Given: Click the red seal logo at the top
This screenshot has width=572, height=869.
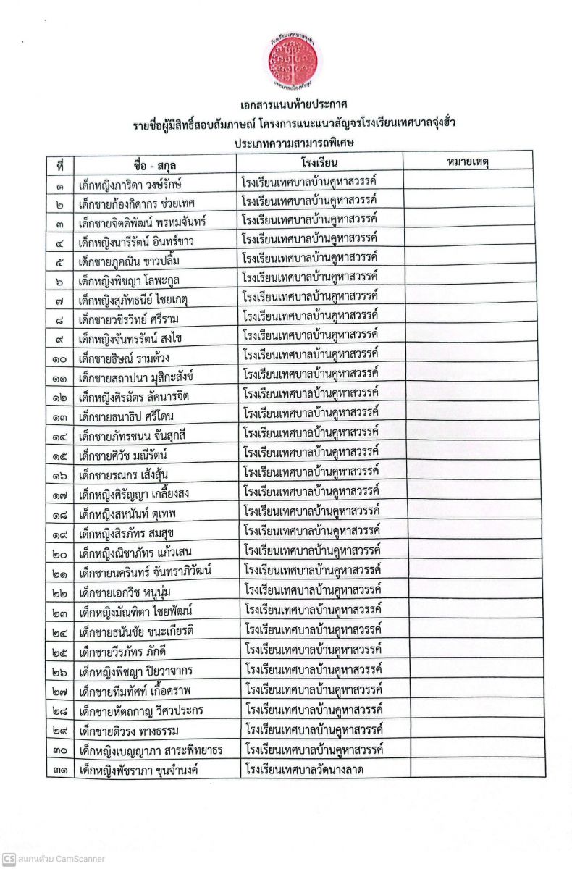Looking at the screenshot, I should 293,56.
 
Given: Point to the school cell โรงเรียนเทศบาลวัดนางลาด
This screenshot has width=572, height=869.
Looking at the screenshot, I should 304,768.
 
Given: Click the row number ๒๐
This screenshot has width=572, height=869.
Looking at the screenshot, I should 61,554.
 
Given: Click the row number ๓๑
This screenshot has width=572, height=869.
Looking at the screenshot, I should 61,770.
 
